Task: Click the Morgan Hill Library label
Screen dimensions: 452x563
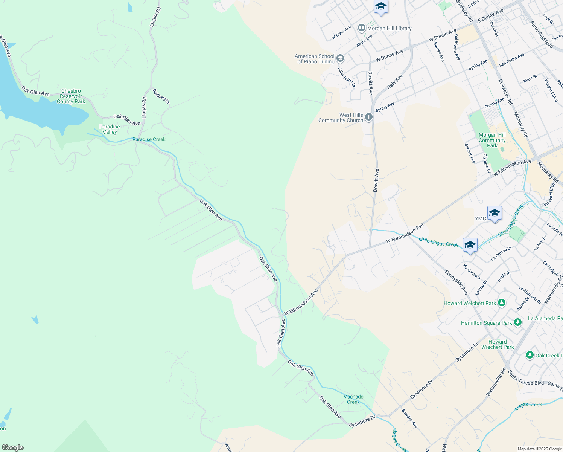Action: (390, 28)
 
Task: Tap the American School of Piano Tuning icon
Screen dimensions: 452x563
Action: (340, 58)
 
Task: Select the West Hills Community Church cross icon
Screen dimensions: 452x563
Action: (369, 117)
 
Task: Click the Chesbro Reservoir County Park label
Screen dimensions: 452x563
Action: (71, 96)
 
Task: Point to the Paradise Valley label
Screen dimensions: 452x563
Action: (110, 129)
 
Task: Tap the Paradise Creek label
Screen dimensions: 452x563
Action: (149, 139)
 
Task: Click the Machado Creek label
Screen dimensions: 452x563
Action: (353, 399)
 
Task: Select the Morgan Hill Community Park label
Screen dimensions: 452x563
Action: (492, 140)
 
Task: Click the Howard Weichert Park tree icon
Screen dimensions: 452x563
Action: (501, 303)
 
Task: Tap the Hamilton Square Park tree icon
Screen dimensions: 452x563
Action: (518, 322)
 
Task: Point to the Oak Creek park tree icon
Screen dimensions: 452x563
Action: (530, 355)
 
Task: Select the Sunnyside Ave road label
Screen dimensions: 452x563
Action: (456, 282)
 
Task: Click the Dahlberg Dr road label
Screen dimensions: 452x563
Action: (161, 96)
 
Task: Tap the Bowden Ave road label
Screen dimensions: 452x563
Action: (409, 418)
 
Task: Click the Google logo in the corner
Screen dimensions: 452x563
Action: (12, 447)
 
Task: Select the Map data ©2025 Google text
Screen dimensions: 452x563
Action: (540, 449)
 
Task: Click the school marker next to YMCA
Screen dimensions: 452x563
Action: (495, 214)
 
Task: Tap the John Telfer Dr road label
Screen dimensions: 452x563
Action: (346, 77)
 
